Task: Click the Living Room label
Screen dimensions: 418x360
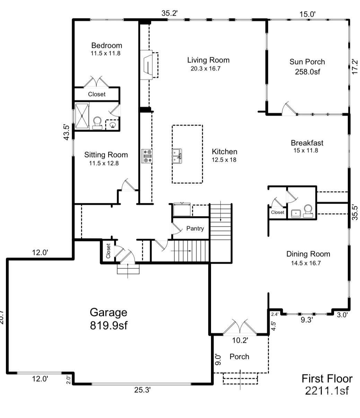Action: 208,60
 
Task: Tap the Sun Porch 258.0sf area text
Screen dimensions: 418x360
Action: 307,72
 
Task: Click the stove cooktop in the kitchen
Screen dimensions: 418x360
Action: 147,156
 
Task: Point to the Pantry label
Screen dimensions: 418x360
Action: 195,229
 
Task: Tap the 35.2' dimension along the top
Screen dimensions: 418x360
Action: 170,13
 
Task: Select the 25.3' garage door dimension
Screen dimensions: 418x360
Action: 142,390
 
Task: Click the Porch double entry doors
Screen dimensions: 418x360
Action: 240,328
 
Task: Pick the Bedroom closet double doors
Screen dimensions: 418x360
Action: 97,82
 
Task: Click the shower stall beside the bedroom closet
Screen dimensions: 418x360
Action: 82,116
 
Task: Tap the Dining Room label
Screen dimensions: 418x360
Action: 308,254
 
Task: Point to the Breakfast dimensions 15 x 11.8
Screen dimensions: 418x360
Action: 305,151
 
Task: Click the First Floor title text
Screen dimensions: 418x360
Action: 327,378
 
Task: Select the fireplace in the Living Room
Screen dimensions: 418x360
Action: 148,64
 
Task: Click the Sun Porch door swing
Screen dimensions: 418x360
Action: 289,109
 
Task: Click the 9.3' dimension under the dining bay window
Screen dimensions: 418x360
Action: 307,320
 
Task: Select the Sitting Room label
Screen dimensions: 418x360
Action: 106,155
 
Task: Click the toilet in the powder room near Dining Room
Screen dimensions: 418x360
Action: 307,211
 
